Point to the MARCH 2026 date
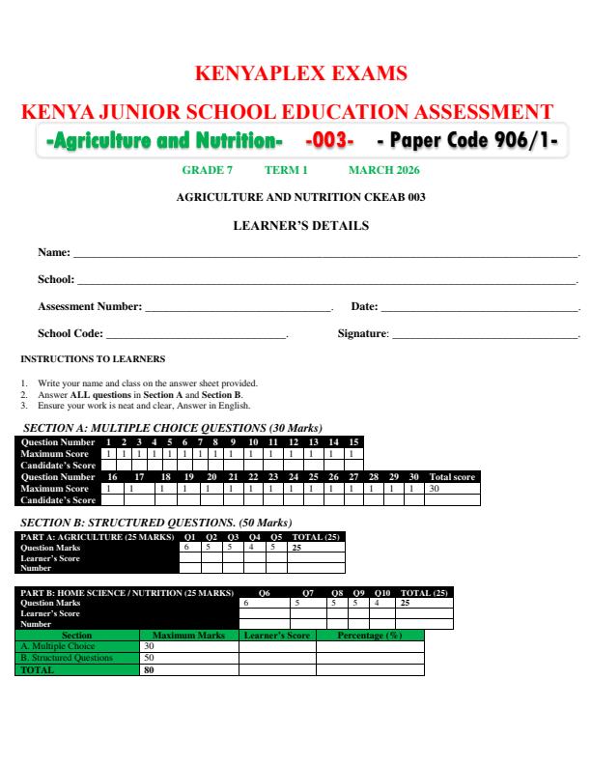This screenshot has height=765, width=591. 383,171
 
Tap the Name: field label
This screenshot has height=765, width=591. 54,253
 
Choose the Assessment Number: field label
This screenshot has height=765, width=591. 90,307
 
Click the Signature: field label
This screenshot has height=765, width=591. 362,333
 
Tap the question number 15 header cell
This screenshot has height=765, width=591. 353,442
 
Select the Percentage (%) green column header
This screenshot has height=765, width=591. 369,636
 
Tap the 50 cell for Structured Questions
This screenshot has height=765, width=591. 149,658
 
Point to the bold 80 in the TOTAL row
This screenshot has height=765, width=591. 149,668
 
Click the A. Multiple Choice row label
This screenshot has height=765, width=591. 58,646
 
